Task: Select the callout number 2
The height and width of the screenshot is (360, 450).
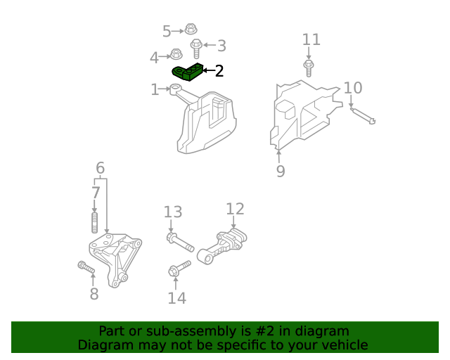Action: pos(219,71)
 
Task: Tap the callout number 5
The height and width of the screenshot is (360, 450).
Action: pos(167,31)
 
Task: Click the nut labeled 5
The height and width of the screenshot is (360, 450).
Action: pos(190,30)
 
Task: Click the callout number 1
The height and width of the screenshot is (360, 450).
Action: pos(155,89)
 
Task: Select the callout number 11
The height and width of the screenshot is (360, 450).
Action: pos(311,40)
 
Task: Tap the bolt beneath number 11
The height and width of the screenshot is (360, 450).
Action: pos(308,68)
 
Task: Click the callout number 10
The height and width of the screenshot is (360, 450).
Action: pos(353,88)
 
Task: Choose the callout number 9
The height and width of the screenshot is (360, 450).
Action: pos(281,171)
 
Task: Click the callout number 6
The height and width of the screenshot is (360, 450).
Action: pos(101,168)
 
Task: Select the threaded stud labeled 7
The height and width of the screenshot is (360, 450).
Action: pos(94,223)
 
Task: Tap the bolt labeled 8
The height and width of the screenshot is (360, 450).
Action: pos(85,267)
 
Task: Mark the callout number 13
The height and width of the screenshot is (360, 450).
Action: pos(173,212)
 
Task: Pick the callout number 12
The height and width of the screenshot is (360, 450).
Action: pos(235,209)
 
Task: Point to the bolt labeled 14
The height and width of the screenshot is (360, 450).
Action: pos(179,269)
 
